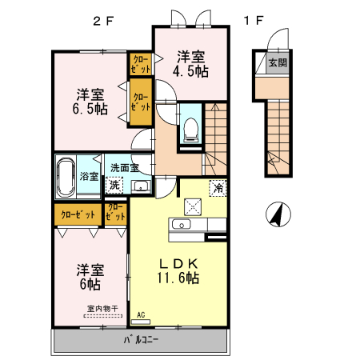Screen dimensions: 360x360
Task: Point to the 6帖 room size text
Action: coord(88,283)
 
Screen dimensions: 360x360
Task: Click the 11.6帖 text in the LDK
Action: coord(177,278)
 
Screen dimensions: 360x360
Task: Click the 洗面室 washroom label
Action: coord(126,168)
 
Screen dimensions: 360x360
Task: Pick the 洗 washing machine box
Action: coord(116,186)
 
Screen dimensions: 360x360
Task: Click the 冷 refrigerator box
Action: coord(218,189)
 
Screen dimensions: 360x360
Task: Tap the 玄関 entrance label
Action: coord(277,62)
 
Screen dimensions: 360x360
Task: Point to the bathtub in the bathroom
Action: coord(66,175)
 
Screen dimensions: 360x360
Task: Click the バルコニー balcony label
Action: coord(141,340)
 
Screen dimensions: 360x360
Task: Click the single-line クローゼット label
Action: coord(76,214)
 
